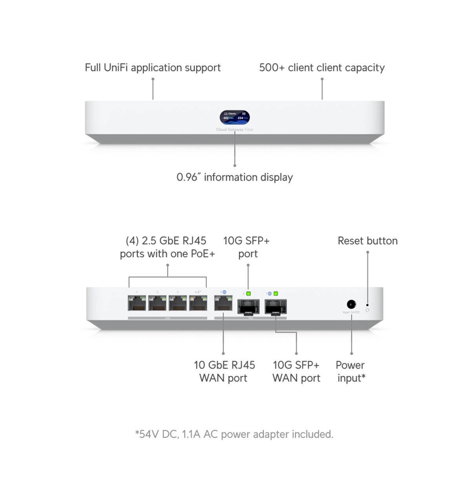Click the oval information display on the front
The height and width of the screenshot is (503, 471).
(235, 117)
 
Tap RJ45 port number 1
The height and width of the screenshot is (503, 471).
(137, 303)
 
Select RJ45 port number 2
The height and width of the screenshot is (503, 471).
(157, 303)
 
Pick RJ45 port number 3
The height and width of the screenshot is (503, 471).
(178, 303)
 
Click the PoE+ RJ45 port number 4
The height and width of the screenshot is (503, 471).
(198, 303)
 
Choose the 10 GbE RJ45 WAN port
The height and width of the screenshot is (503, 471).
(223, 303)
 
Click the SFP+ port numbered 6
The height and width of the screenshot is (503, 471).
(248, 307)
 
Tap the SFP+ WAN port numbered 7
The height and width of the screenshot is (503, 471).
(276, 307)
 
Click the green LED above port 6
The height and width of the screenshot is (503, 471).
(248, 294)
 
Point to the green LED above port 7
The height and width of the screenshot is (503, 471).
(276, 294)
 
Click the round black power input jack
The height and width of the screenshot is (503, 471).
(351, 304)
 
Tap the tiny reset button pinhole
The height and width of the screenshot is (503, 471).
(367, 305)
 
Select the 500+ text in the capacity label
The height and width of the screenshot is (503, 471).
(272, 68)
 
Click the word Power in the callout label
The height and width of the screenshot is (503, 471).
(350, 365)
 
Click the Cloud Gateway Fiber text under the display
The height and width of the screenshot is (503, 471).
(235, 130)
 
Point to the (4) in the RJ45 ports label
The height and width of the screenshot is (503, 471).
(132, 241)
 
